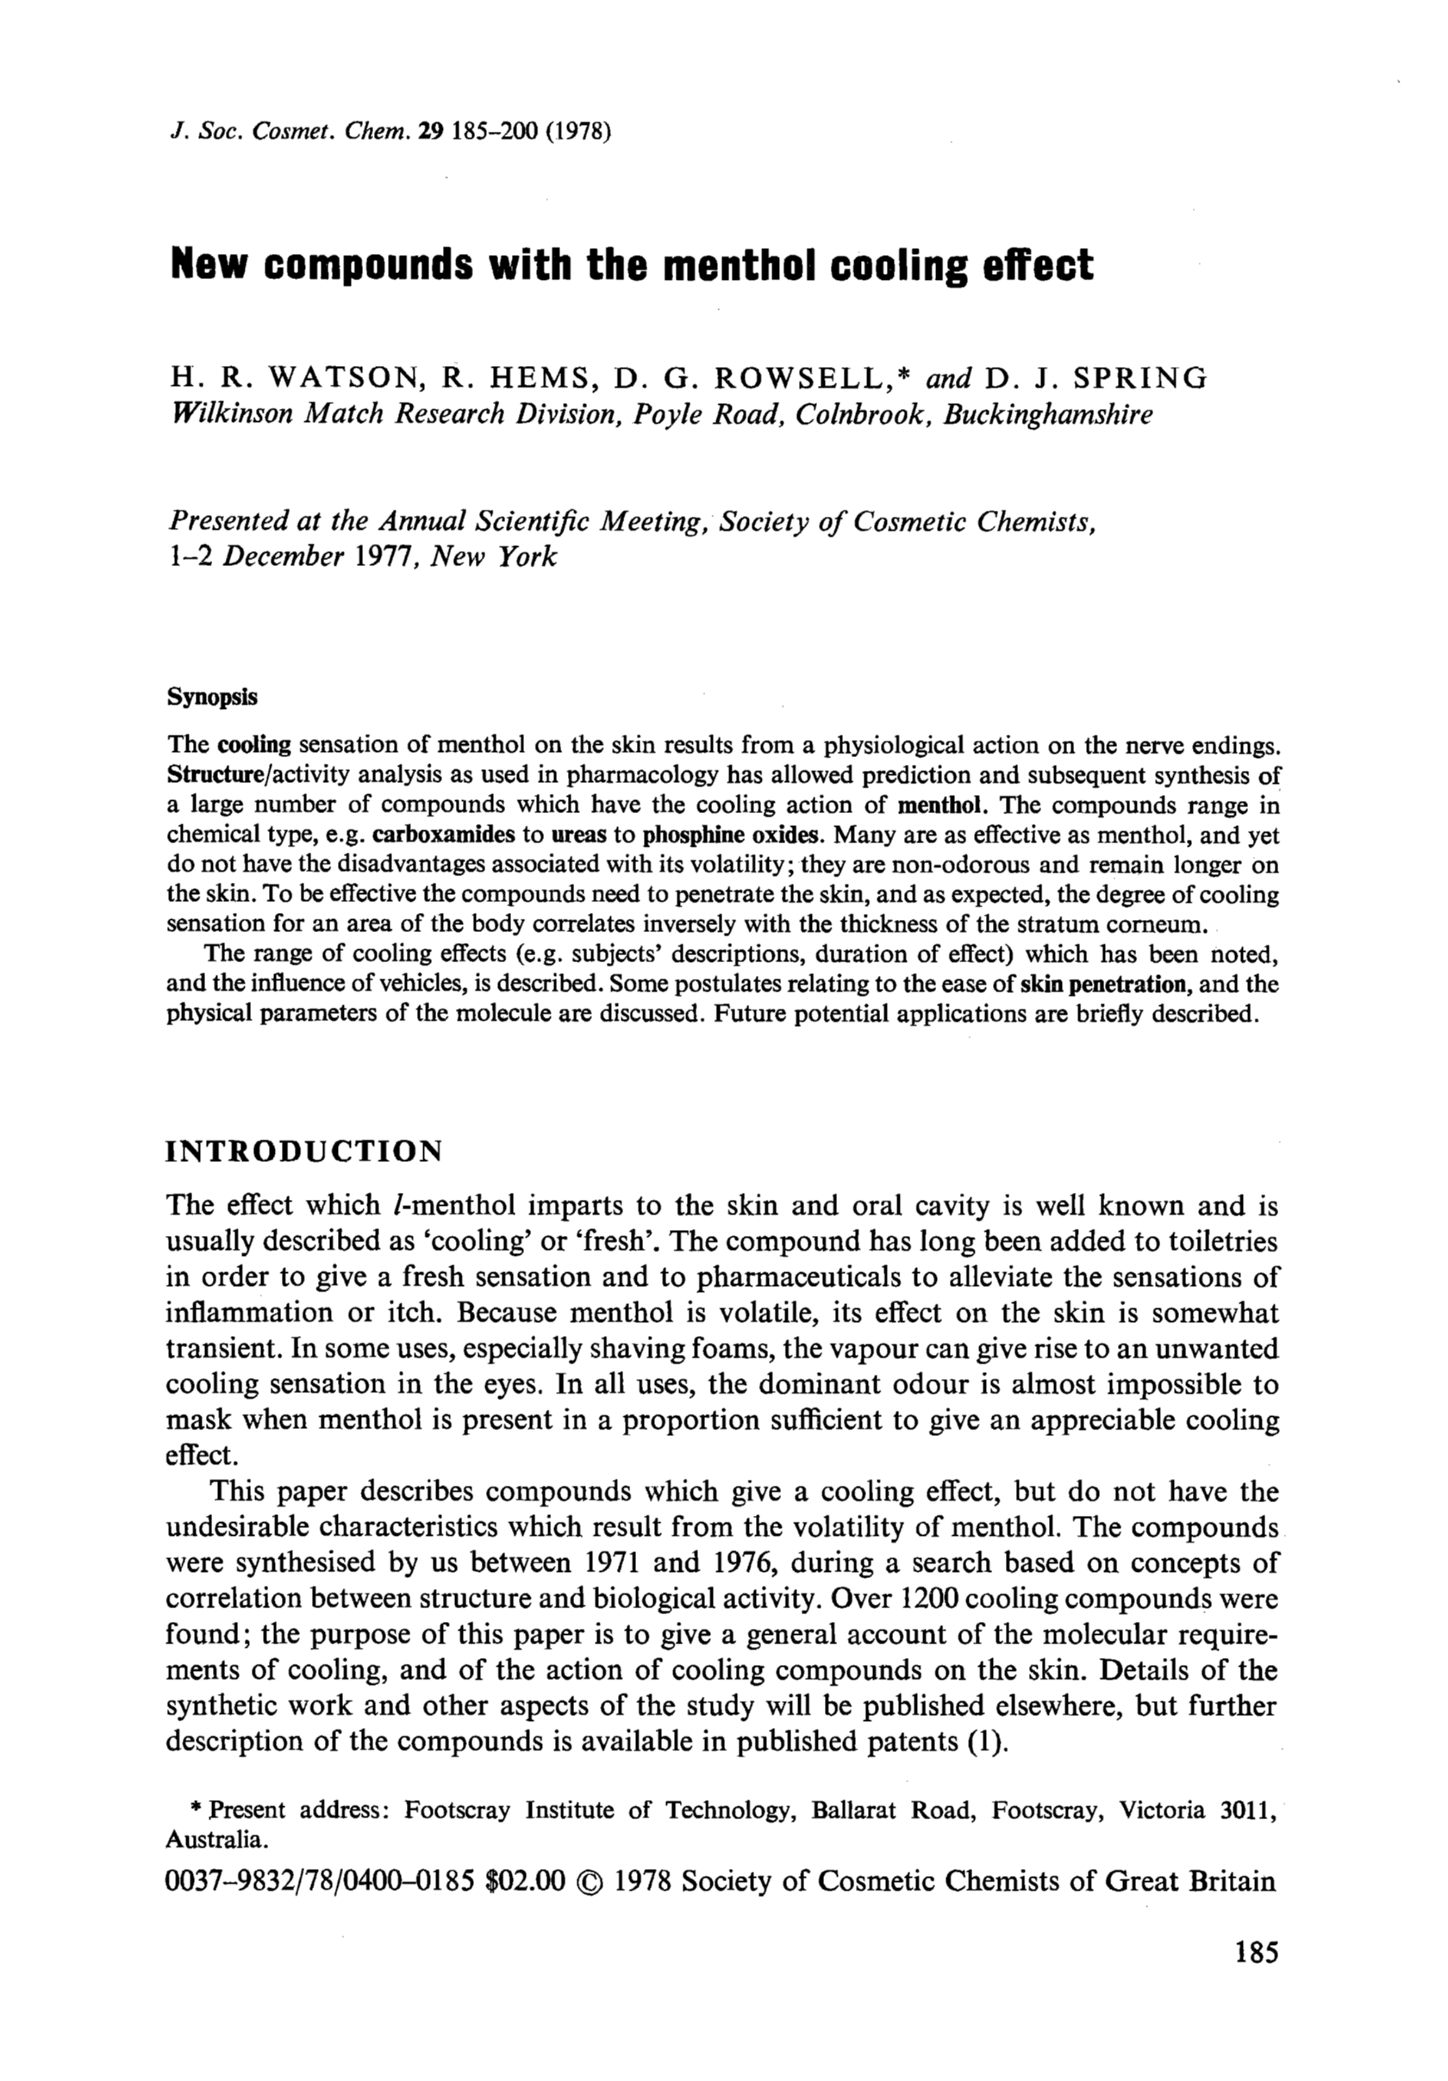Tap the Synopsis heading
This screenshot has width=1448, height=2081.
tap(212, 697)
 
